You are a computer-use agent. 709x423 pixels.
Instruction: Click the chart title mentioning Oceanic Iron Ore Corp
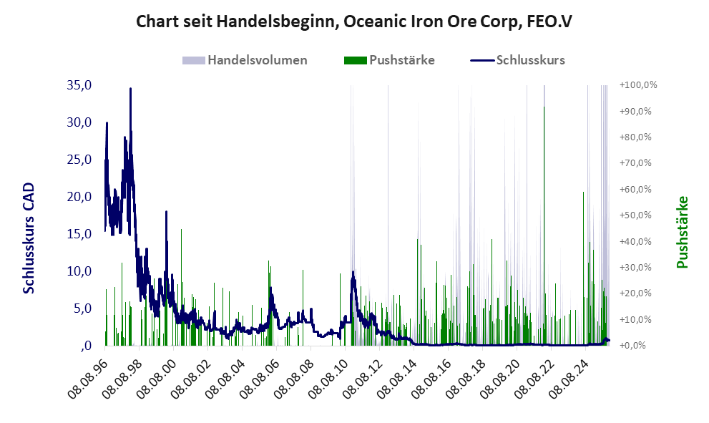point(354,22)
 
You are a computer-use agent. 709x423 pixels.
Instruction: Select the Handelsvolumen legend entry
point(257,60)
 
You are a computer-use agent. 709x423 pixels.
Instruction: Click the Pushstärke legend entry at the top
point(401,60)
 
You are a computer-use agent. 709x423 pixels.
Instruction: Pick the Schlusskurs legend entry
point(530,60)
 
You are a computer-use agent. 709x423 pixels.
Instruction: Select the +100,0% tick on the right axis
point(639,85)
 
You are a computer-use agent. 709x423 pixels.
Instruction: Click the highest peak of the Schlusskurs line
point(130,89)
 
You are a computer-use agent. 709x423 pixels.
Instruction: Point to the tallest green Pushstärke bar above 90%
point(544,107)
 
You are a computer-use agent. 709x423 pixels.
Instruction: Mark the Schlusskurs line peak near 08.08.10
point(353,272)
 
